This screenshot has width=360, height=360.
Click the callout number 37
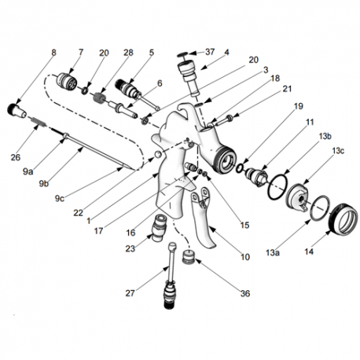pyautogui.click(x=210, y=52)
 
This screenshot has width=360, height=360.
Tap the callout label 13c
pyautogui.click(x=338, y=151)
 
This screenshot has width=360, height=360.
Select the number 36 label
pyautogui.click(x=245, y=293)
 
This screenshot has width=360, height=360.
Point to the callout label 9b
pyautogui.click(x=44, y=184)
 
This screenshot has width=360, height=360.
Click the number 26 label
pyautogui.click(x=16, y=157)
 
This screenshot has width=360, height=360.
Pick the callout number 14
pyautogui.click(x=309, y=252)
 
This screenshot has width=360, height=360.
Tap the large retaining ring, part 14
pyautogui.click(x=343, y=219)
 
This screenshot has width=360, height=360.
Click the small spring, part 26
pyautogui.click(x=39, y=122)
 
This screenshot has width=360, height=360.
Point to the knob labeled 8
pyautogui.click(x=17, y=111)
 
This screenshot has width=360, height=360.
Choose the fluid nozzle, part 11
pyautogui.click(x=256, y=176)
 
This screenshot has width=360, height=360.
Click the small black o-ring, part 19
pyautogui.click(x=240, y=168)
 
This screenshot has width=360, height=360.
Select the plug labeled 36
pyautogui.click(x=189, y=257)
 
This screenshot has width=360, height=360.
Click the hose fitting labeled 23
pyautogui.click(x=160, y=227)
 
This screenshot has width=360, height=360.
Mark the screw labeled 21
pyautogui.click(x=224, y=119)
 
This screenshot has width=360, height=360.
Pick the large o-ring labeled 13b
pyautogui.click(x=278, y=187)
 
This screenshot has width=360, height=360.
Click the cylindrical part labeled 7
pyautogui.click(x=67, y=79)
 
